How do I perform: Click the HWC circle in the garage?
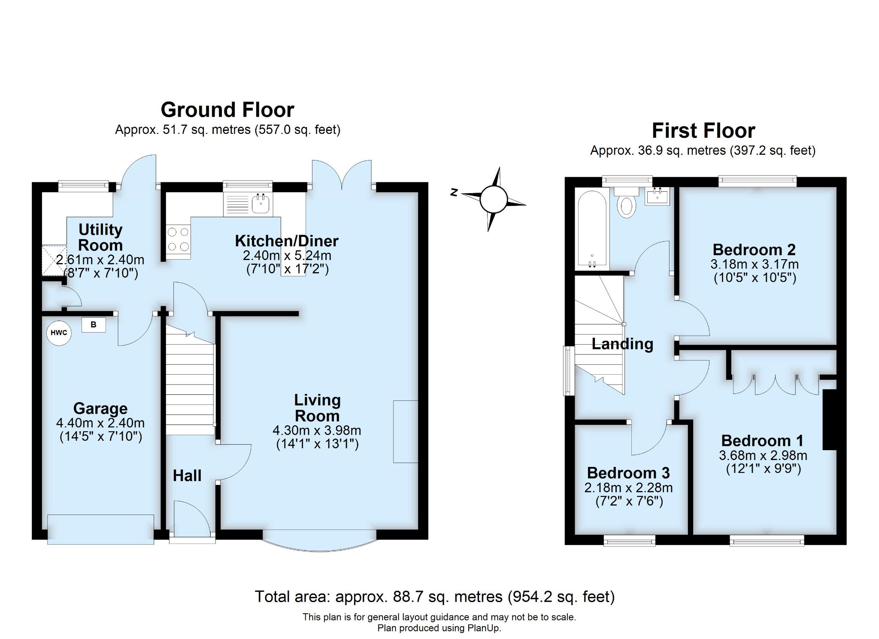[x=59, y=333]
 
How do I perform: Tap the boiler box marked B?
[x=93, y=325]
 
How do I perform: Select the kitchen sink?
[x=260, y=204]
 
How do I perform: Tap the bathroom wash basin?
[x=657, y=197]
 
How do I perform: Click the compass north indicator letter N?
[x=453, y=193]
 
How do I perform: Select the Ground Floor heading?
[x=227, y=110]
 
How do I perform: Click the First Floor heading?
[x=703, y=131]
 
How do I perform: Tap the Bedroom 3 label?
[x=628, y=472]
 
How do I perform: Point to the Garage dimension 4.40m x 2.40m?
[x=100, y=423]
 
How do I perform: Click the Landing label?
[x=622, y=344]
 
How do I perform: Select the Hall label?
[x=187, y=475]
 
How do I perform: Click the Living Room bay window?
[x=320, y=543]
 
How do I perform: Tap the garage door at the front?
[x=100, y=529]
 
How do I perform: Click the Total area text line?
[x=434, y=597]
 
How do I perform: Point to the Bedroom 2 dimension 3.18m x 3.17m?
[x=754, y=264]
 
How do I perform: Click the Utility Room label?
[x=100, y=237]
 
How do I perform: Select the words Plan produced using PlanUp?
[x=439, y=628]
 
